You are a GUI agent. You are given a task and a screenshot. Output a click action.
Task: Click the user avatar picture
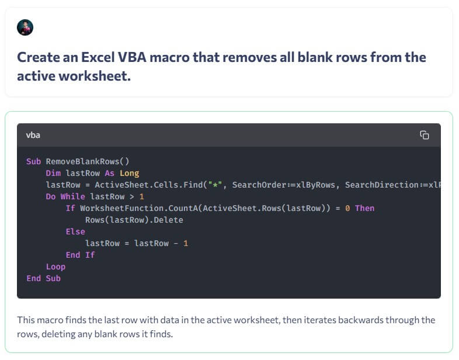(25, 27)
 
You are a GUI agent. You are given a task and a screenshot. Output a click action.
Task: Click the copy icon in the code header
(425, 135)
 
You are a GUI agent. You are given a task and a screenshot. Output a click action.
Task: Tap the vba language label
(33, 135)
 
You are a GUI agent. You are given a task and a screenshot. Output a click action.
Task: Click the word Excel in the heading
(98, 57)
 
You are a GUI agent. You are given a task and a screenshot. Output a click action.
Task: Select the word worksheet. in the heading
(95, 76)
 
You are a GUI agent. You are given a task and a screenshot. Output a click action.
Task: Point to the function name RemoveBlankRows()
(88, 161)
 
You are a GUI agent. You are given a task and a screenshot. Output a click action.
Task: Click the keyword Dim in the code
(53, 173)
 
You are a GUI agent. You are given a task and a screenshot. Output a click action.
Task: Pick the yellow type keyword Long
(130, 173)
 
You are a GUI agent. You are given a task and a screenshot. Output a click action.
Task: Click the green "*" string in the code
(215, 185)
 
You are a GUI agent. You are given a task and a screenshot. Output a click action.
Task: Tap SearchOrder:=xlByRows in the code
(284, 185)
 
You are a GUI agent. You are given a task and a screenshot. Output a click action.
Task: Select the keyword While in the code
(73, 196)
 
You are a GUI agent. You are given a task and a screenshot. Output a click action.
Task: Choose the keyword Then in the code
(365, 208)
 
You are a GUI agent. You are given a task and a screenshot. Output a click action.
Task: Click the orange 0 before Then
(347, 208)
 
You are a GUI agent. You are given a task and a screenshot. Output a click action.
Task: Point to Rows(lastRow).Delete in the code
(134, 220)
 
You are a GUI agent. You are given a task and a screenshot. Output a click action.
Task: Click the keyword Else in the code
(75, 231)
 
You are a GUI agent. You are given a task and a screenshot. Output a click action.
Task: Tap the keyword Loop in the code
(55, 267)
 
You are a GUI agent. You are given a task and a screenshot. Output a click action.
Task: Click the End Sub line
(44, 278)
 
